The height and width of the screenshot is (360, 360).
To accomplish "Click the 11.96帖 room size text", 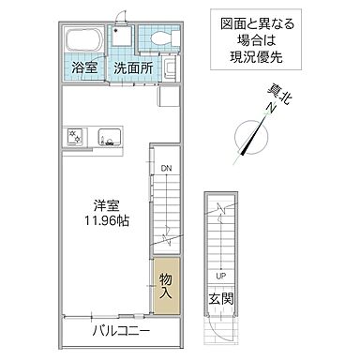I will click(x=104, y=223).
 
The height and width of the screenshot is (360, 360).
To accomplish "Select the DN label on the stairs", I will click(x=164, y=169).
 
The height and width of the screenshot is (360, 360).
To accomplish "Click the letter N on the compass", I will click(x=267, y=110).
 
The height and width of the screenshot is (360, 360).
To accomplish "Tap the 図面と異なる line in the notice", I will click(x=250, y=24).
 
